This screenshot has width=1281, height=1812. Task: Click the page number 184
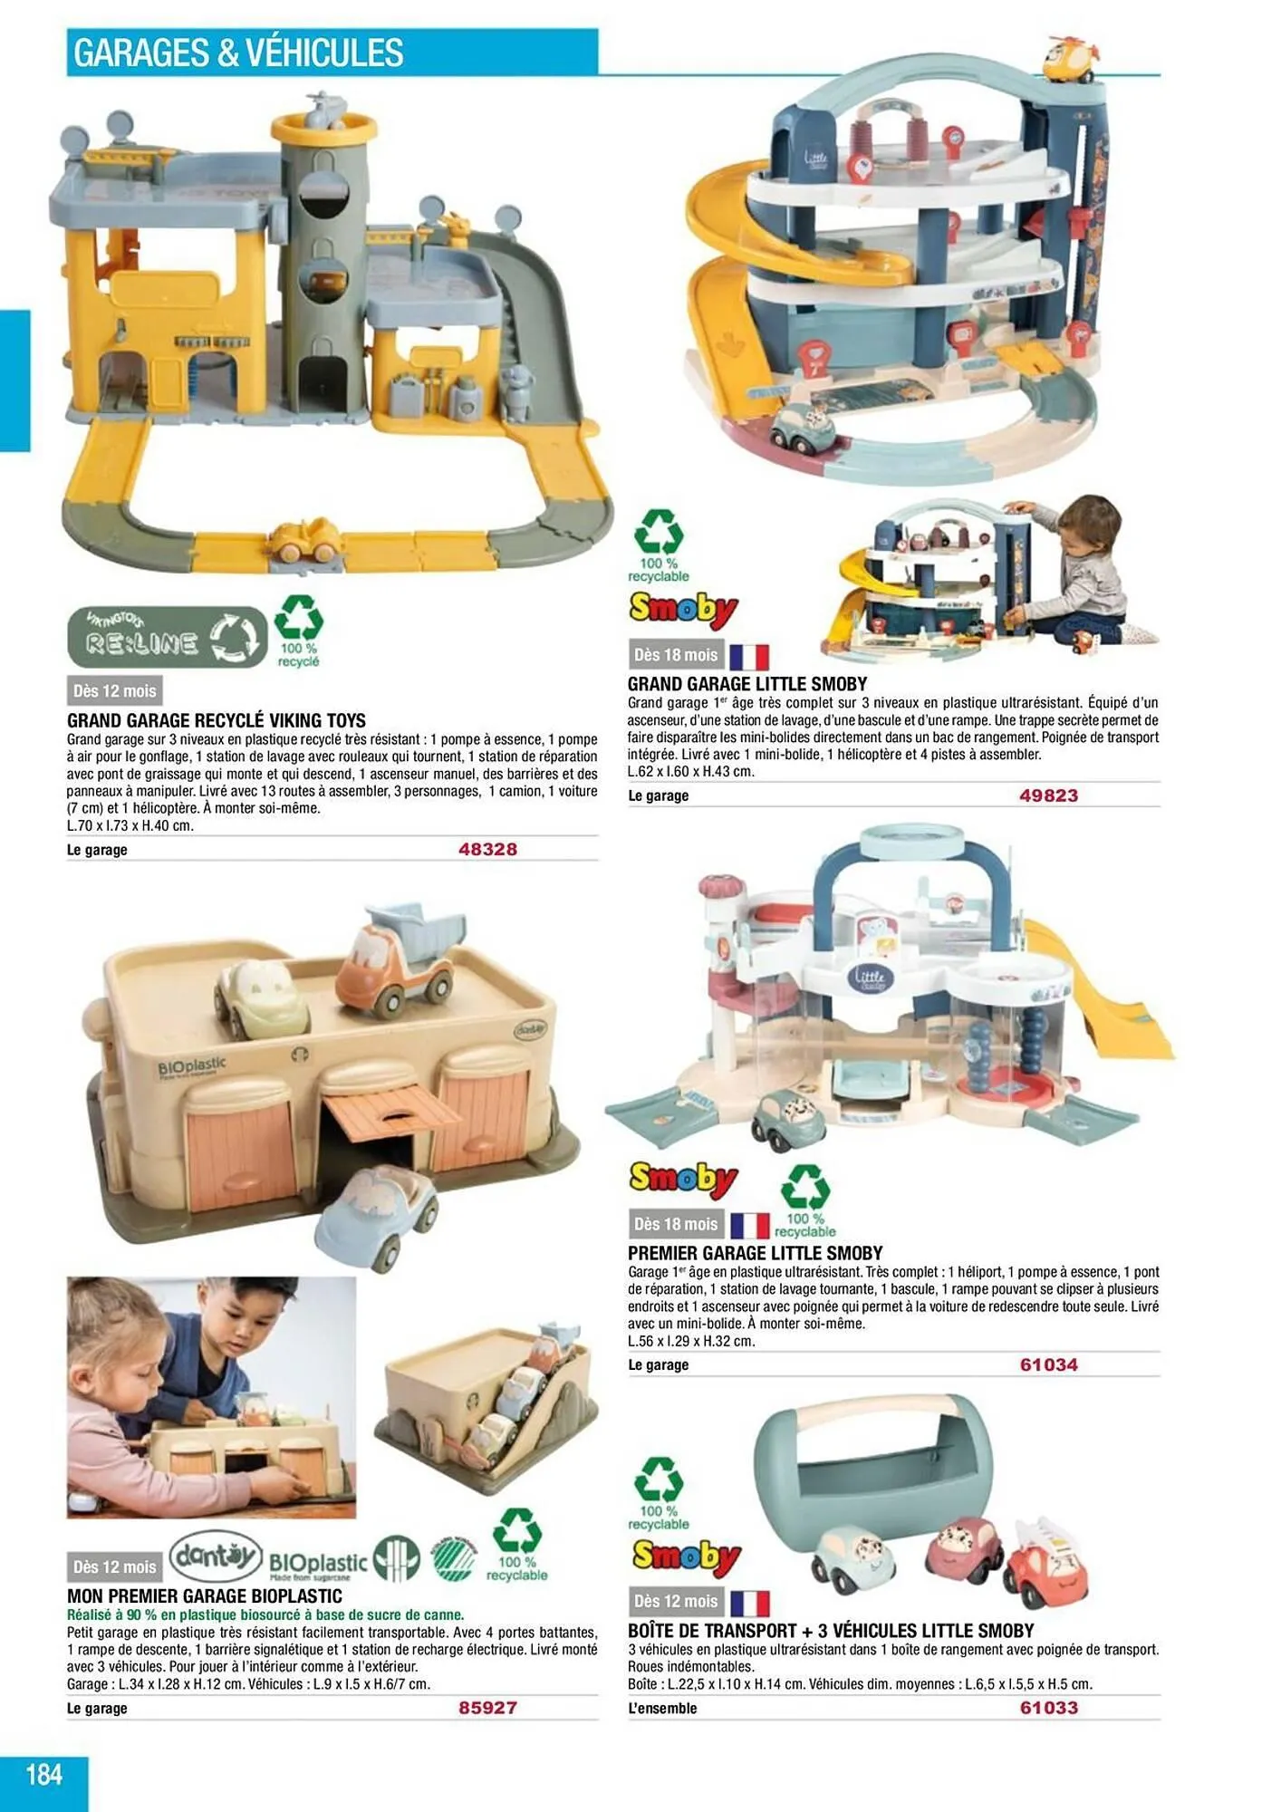tap(43, 1773)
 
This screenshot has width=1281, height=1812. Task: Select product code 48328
tap(487, 849)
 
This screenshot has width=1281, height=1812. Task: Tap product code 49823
tap(1048, 795)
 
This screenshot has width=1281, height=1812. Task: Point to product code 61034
tap(1048, 1364)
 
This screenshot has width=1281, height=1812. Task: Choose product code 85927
tap(487, 1708)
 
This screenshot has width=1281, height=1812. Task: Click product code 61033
tap(1048, 1708)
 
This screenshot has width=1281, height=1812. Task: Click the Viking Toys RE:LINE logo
tap(168, 637)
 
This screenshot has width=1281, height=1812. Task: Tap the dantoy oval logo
tap(216, 1556)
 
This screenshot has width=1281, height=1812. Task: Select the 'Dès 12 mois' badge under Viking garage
tap(114, 691)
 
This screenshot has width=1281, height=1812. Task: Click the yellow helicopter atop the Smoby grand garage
tap(1072, 59)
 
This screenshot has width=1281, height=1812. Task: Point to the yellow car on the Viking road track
tap(307, 540)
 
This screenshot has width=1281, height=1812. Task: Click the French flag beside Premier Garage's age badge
tap(749, 1226)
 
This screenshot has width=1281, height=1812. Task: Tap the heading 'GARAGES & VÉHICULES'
tap(238, 53)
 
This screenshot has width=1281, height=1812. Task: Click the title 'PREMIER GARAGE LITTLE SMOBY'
tap(755, 1253)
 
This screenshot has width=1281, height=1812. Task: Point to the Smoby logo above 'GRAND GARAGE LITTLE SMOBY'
tap(684, 610)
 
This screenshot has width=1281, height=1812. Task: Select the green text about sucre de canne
tap(265, 1614)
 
